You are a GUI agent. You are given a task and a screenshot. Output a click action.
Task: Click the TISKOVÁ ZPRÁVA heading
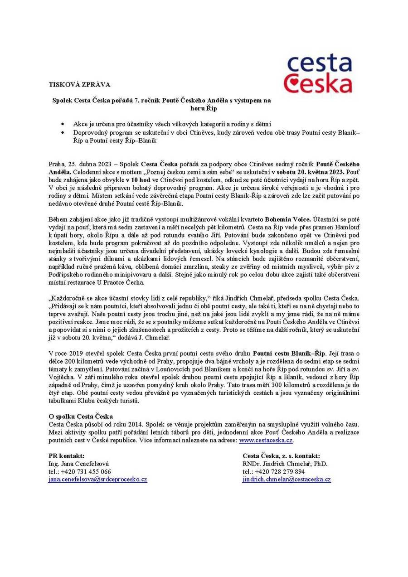click(79, 84)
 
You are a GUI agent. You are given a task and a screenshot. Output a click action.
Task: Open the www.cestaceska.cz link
click(266, 440)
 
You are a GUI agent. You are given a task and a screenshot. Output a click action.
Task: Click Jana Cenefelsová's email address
click(97, 479)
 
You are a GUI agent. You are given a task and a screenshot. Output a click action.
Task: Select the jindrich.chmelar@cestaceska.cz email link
click(287, 479)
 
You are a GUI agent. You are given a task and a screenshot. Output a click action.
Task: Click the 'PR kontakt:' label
click(66, 456)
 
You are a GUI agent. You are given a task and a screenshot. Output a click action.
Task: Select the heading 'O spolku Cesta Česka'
click(81, 416)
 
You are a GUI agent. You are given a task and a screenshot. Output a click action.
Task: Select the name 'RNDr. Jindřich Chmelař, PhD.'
click(285, 464)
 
